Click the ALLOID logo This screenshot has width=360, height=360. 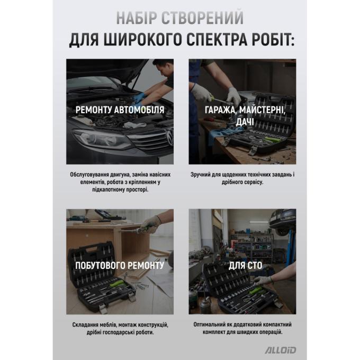281,350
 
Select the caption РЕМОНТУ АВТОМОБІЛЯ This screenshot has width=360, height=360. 120,110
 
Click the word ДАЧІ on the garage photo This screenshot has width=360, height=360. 245,122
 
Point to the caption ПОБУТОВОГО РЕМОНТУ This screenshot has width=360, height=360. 120,265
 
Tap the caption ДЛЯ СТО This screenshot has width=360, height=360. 245,265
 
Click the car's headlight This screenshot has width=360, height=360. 101,138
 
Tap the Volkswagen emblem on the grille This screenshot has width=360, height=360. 169,137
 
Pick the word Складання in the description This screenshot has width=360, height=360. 83,325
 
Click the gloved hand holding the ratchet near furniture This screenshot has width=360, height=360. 151,223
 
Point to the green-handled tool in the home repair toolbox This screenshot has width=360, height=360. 118,284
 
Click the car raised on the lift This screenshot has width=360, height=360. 282,221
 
